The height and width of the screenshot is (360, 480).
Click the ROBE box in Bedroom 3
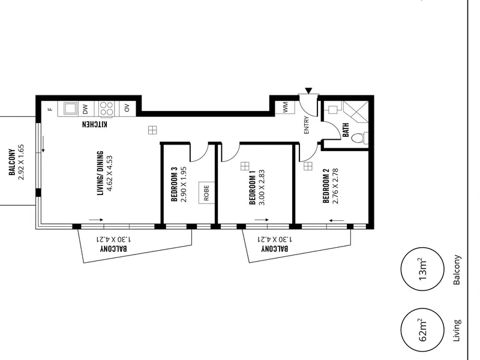tap(206, 192)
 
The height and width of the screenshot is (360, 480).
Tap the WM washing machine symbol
tap(285, 107)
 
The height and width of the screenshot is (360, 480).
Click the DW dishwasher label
tap(85, 109)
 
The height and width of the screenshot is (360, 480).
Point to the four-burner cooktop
tap(106, 109)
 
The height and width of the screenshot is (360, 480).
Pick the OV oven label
tap(127, 108)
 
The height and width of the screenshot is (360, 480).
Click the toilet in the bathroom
tap(359, 138)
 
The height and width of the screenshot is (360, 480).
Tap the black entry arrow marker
tap(308, 91)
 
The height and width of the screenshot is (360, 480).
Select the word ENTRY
tap(307, 125)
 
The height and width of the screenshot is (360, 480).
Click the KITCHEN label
tap(95, 124)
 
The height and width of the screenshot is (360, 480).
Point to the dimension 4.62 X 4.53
tap(110, 173)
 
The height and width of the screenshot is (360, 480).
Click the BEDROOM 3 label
tap(174, 184)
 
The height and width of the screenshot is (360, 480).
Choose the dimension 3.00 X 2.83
tap(262, 187)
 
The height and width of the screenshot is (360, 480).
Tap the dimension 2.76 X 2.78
tap(335, 186)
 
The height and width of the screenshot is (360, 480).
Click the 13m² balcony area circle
tap(422, 269)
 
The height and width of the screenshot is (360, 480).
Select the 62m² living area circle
tap(422, 330)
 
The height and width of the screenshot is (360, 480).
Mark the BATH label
tap(346, 130)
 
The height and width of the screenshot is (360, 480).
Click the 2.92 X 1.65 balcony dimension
tap(21, 162)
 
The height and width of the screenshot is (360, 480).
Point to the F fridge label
tap(51, 109)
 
